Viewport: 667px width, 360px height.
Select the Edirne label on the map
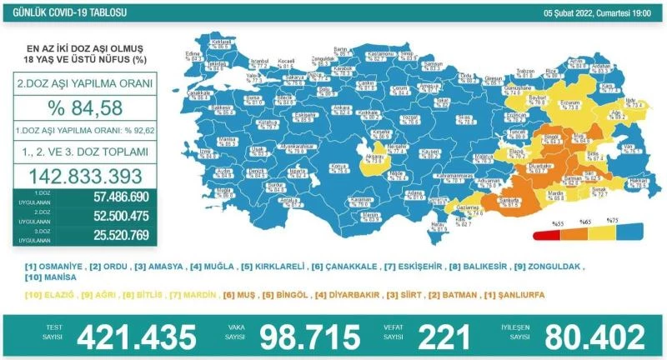point(197,56)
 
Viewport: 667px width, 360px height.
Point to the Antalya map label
point(290,201)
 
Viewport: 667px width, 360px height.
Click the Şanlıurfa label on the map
point(505,200)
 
